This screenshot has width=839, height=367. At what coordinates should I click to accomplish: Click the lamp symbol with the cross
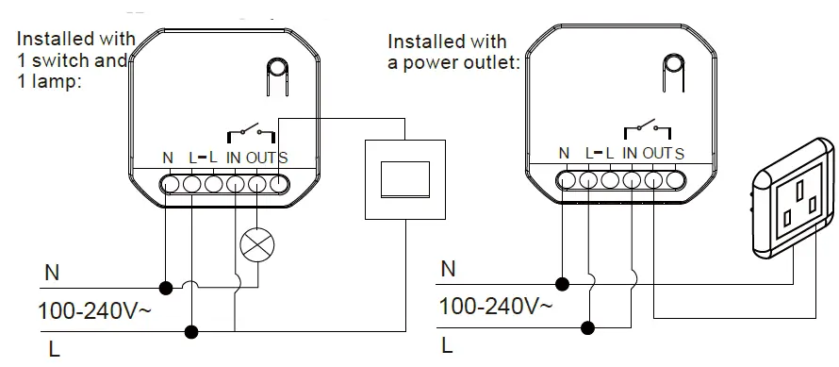255,244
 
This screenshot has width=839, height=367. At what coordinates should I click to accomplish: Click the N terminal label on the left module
167,158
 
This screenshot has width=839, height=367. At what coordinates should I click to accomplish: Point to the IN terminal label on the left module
235,158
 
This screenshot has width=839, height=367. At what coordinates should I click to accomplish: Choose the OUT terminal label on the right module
657,153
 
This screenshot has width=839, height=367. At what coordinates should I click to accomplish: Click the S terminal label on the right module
680,153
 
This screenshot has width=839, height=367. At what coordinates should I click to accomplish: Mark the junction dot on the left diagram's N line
167,286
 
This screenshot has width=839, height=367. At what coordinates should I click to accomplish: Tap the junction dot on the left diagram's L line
192,331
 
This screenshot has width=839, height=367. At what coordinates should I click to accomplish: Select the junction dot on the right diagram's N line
564,282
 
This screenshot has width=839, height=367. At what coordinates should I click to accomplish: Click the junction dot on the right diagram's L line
588,327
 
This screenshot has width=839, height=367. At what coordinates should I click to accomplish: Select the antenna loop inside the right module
673,72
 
